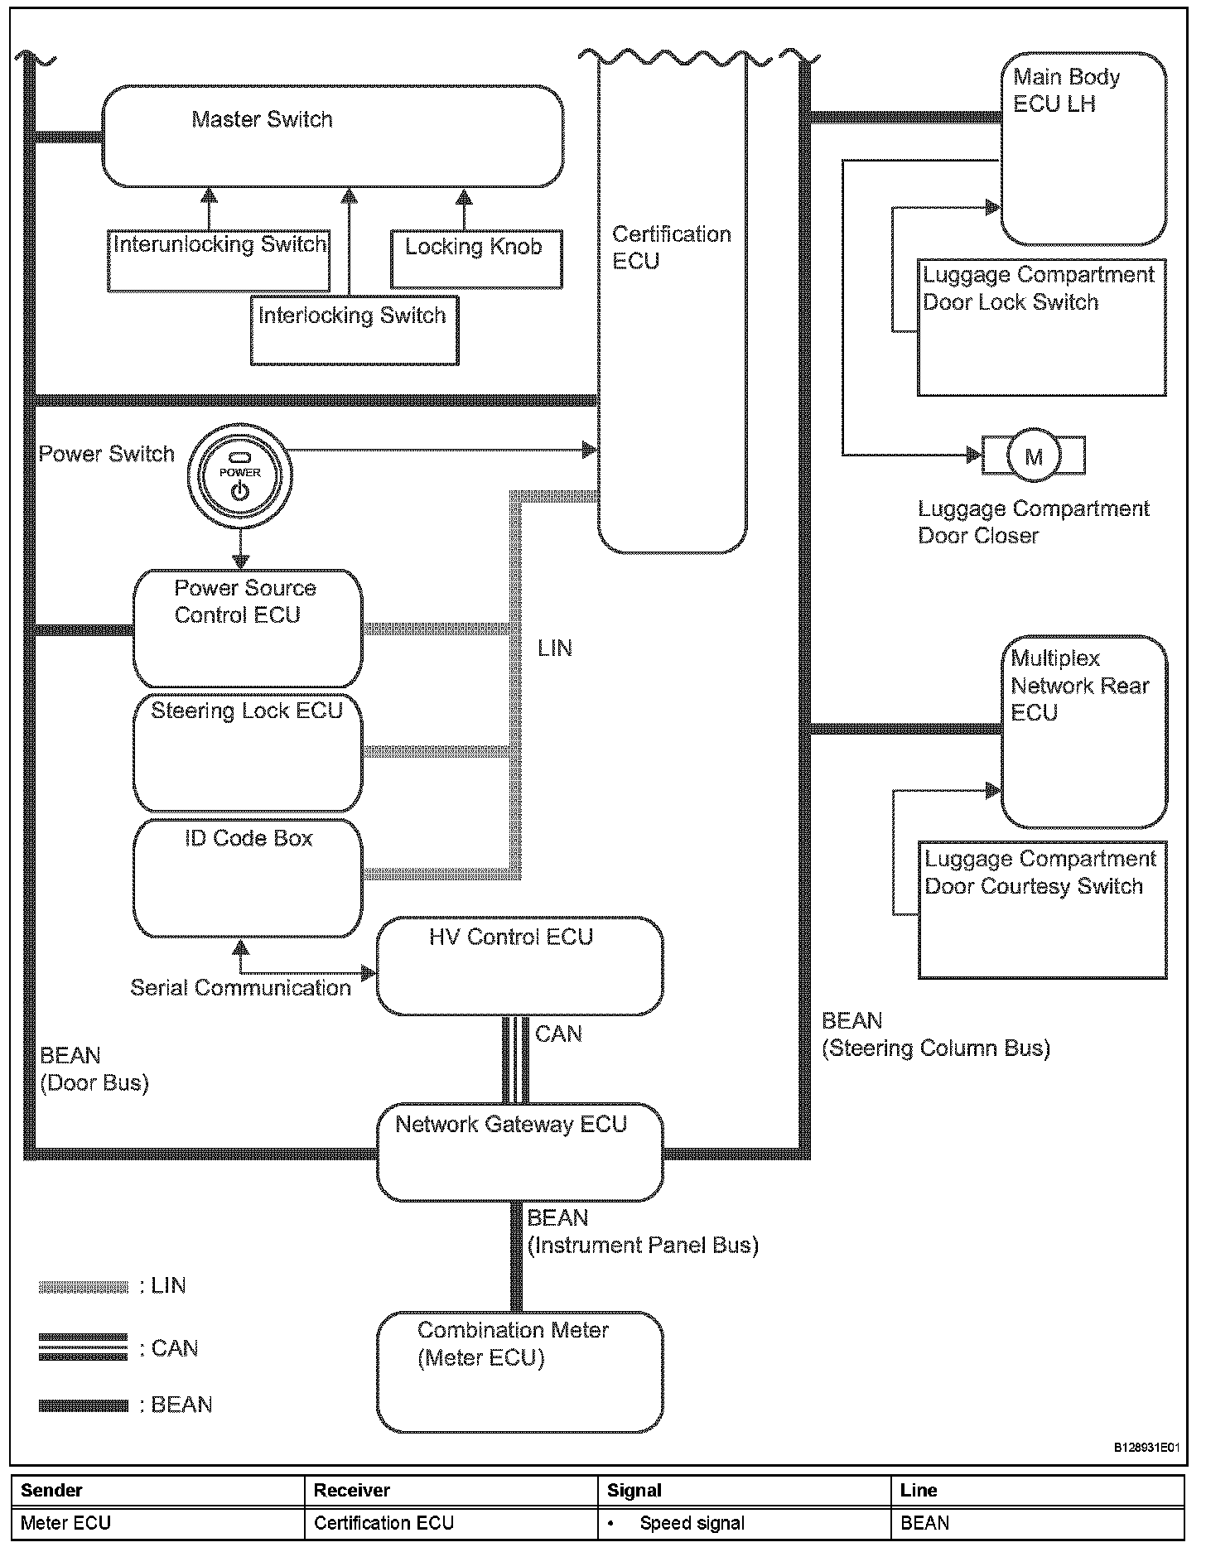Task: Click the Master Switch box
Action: tap(331, 136)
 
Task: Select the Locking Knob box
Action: tap(475, 258)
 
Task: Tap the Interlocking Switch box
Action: tap(354, 330)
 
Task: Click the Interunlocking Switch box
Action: tap(218, 260)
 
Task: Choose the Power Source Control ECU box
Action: tap(247, 628)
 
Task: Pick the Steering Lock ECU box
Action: tap(247, 752)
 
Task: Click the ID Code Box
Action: tap(247, 878)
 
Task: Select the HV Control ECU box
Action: tap(519, 965)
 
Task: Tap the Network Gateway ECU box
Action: tap(519, 1152)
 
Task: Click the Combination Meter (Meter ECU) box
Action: tap(519, 1371)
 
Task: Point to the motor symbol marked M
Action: tap(1033, 455)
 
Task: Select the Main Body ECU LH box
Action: tap(1083, 149)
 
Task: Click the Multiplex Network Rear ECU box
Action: tap(1083, 730)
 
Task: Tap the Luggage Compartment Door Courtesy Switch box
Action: tap(1042, 909)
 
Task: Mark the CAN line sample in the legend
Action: tap(83, 1347)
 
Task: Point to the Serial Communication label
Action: tap(240, 987)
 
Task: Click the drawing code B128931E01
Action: tap(1146, 1448)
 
